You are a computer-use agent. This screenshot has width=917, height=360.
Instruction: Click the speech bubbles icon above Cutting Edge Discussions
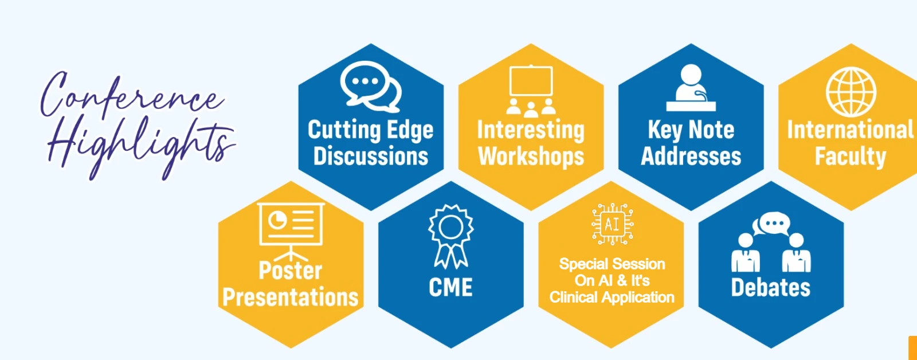coord(371,87)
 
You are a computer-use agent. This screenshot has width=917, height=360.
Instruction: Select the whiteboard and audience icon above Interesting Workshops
coord(531,91)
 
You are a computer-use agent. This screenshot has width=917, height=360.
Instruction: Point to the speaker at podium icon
coord(691,88)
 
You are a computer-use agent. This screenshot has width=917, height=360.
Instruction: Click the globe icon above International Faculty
coord(851,92)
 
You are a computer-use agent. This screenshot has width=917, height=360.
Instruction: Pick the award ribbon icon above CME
coord(450,237)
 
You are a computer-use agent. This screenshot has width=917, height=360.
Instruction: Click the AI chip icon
coord(613,224)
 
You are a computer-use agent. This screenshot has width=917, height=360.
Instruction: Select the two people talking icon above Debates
coord(771,242)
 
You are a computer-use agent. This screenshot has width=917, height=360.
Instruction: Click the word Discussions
coord(371,156)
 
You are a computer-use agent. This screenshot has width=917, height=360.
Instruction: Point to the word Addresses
coord(691,156)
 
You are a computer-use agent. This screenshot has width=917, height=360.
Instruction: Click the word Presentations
coord(291,297)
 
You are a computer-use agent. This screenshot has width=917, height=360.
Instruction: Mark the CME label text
coord(450,287)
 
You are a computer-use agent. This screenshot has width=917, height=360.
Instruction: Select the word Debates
coord(771,287)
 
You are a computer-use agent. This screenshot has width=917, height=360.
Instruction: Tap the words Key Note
coord(691,130)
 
